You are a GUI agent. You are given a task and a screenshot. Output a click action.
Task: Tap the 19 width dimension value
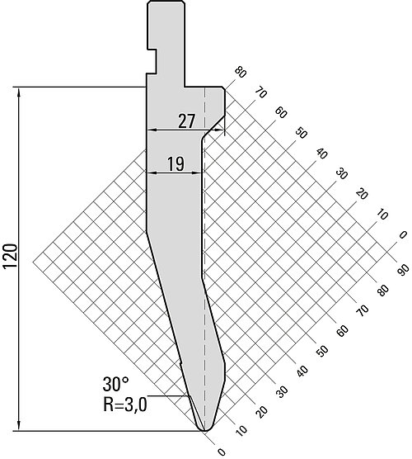tap(176, 164)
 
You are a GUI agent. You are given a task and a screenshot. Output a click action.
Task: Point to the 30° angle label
tap(115, 385)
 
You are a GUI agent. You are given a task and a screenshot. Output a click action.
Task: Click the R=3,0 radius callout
tap(125, 405)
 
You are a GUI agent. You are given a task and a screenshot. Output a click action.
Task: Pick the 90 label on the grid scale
tap(403, 270)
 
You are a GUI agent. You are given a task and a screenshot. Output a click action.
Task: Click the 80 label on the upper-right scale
tap(240, 73)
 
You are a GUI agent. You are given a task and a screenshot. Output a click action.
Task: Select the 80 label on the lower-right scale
tap(382, 290)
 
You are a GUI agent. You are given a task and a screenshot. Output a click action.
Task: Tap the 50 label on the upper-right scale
tap(301, 133)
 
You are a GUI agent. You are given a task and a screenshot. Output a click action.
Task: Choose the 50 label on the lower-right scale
tap(321, 350)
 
